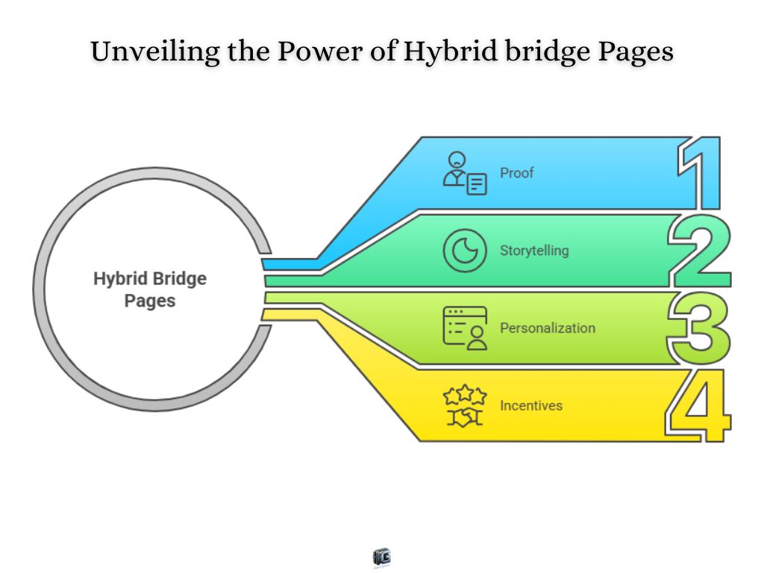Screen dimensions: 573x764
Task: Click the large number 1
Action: pos(702,173)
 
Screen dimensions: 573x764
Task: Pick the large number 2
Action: pos(699,251)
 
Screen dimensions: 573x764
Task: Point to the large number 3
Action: pos(699,328)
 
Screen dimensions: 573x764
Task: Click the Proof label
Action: pos(516,173)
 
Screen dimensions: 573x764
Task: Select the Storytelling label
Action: pos(534,250)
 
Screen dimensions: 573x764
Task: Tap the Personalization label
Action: pos(548,328)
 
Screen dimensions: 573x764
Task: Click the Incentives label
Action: pos(531,406)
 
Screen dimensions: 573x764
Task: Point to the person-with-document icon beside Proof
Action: pos(465,173)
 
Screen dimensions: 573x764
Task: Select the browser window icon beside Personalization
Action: pos(465,328)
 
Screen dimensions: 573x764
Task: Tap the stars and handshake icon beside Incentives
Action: pos(465,406)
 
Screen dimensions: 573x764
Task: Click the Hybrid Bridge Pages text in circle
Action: pos(150,289)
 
